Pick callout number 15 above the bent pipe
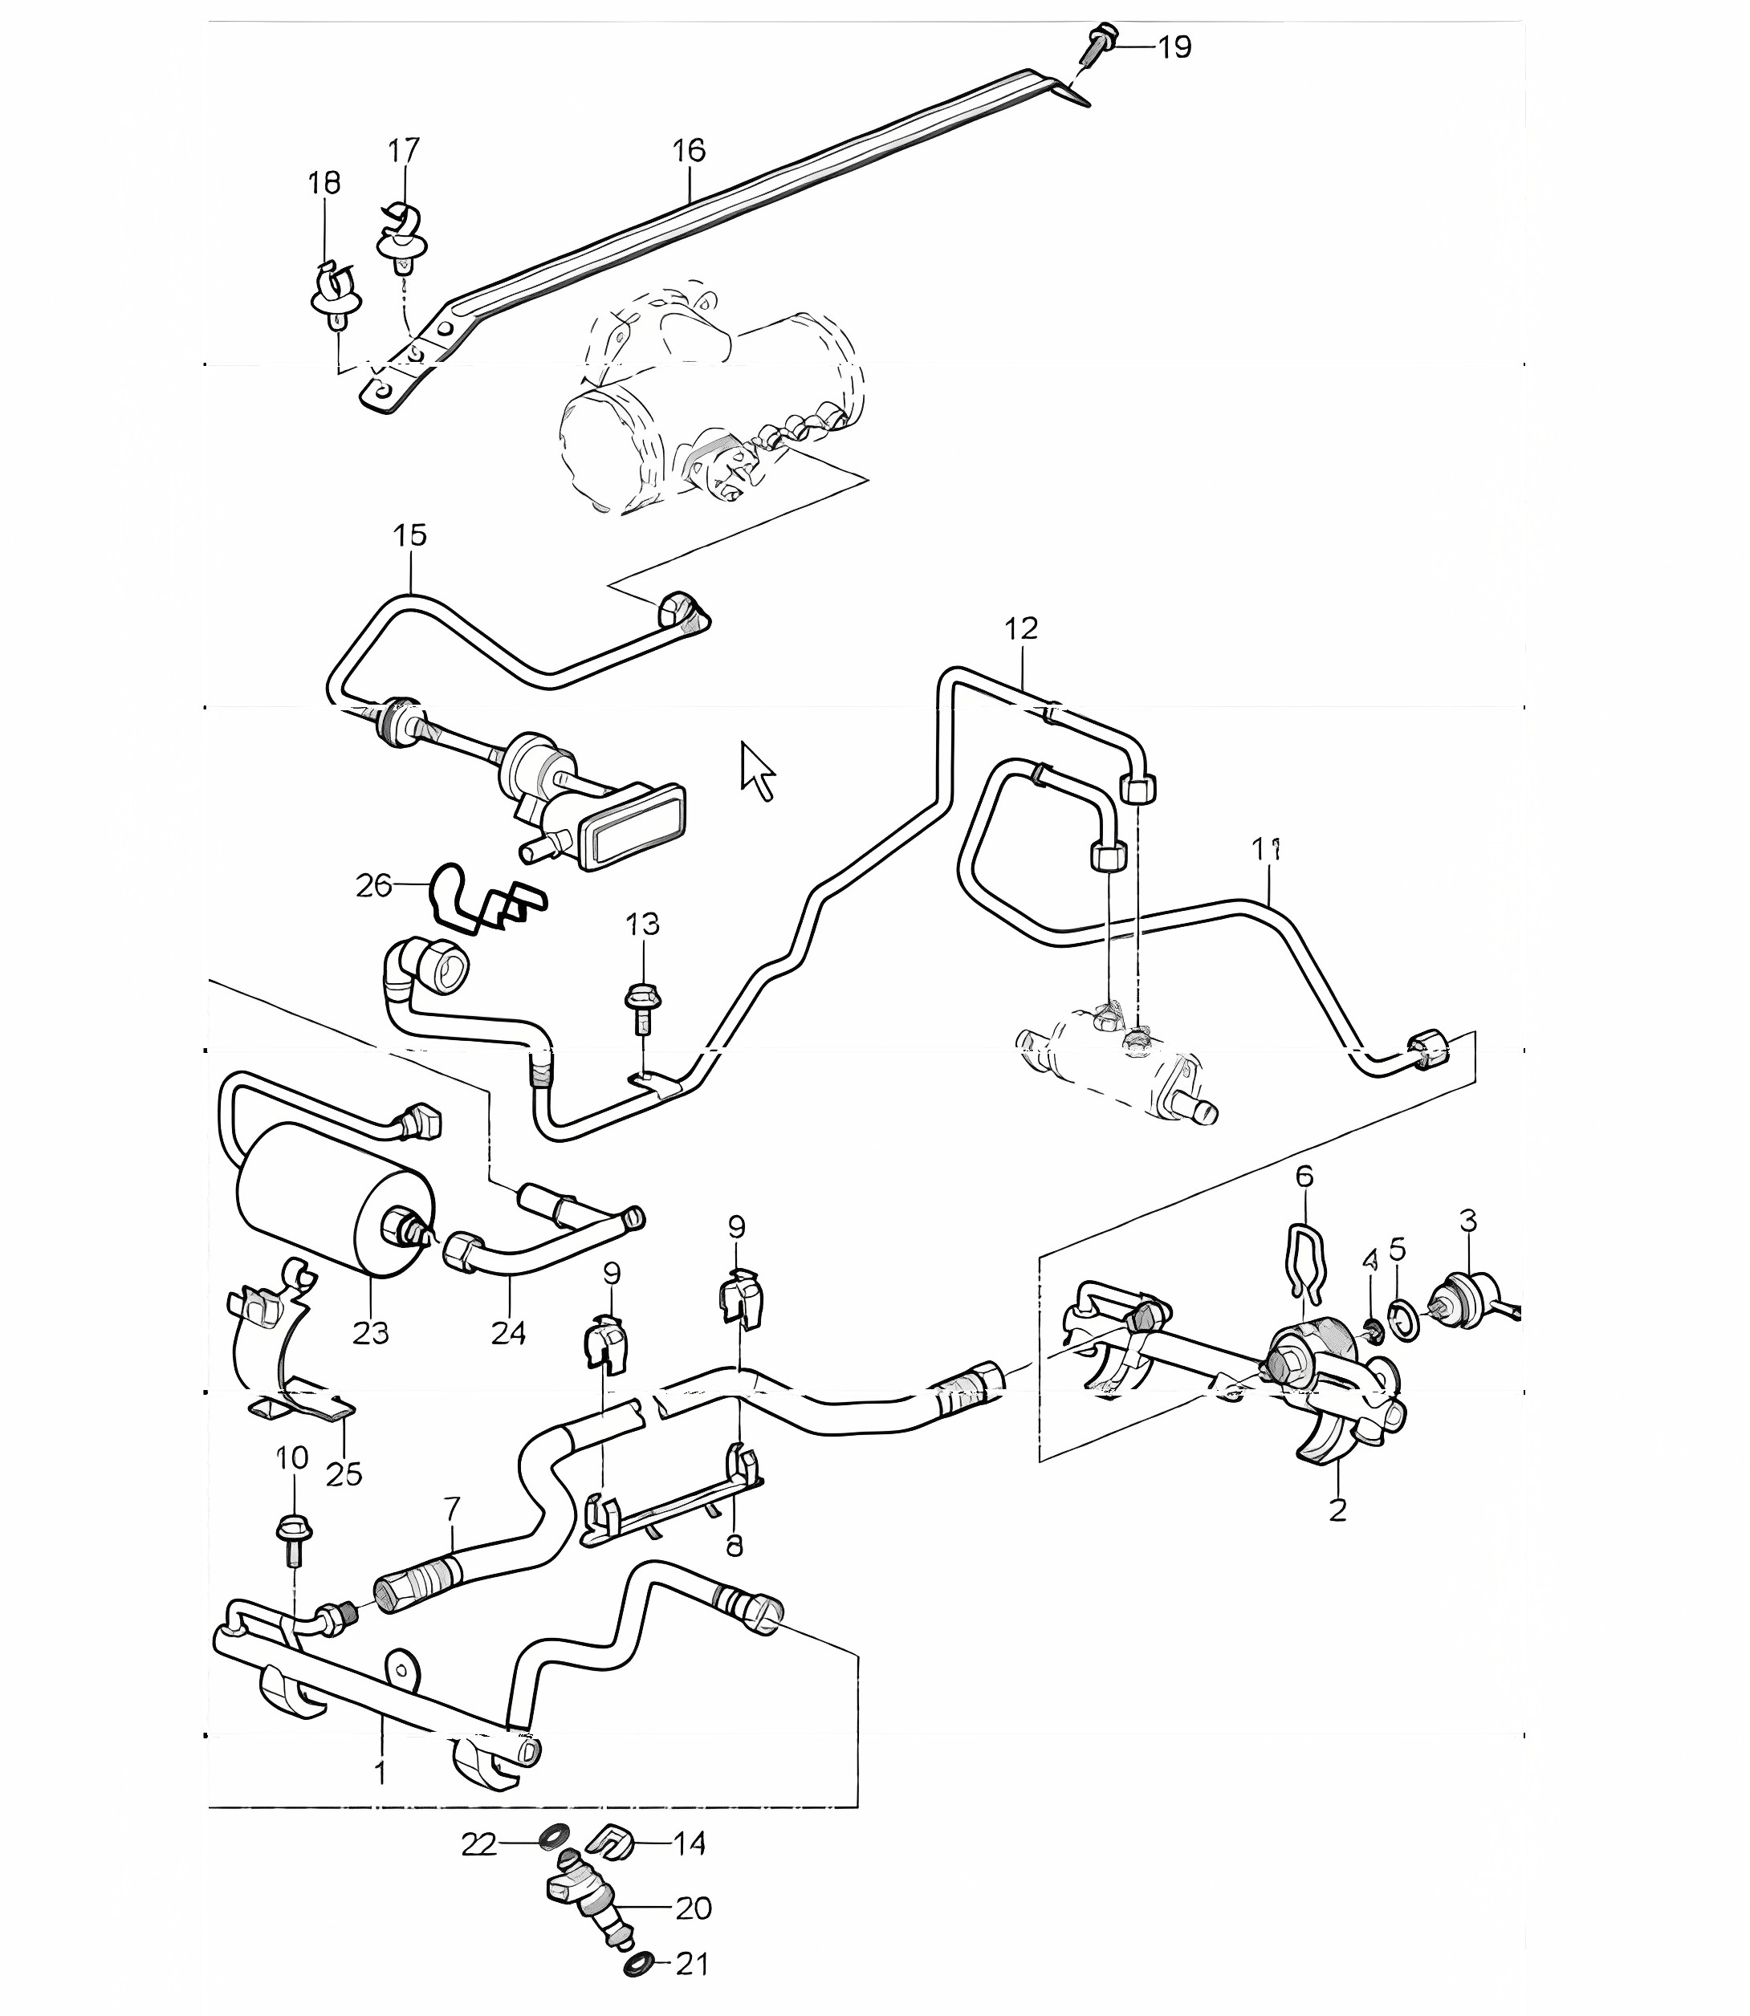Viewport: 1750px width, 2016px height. coord(410,535)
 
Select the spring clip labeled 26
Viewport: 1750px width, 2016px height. coord(486,896)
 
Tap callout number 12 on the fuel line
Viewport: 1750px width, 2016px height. coord(1021,628)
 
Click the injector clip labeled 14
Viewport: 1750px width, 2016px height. coord(612,1841)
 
